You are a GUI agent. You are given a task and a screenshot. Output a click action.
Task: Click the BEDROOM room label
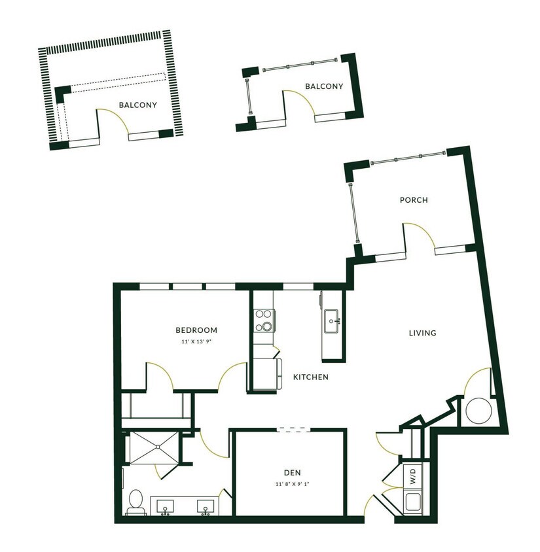click(196, 330)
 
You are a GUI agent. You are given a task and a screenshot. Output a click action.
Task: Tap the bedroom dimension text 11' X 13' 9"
click(196, 342)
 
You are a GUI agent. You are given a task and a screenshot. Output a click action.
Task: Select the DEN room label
click(292, 472)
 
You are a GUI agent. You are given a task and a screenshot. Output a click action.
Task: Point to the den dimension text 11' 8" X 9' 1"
click(292, 485)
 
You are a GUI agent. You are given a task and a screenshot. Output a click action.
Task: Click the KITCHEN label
click(310, 377)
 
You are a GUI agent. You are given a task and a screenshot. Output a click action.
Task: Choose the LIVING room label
click(422, 333)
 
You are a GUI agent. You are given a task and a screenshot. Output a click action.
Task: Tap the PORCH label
click(414, 200)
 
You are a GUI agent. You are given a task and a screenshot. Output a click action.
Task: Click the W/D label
click(414, 474)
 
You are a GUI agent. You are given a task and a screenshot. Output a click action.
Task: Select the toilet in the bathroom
click(136, 501)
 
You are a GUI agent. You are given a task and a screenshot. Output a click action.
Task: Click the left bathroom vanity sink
click(166, 506)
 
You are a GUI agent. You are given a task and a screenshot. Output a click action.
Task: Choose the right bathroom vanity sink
click(207, 506)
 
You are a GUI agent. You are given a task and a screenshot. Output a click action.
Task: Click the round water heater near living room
click(477, 411)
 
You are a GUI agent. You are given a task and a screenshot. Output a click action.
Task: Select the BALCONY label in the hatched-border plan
click(137, 105)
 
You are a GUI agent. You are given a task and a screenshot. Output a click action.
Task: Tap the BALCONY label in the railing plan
click(324, 86)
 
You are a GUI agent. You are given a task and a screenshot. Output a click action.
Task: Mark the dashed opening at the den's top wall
click(293, 430)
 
